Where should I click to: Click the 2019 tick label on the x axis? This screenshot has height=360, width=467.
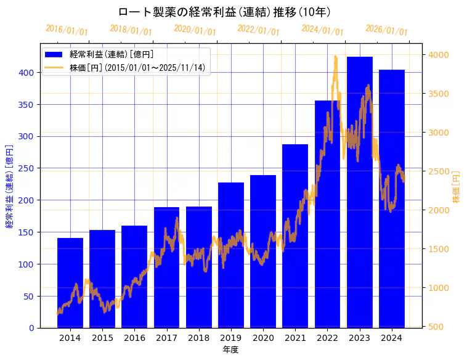pos(231,338)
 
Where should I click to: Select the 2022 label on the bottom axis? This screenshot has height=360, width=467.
pos(327,338)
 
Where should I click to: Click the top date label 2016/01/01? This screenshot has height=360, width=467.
pos(67,30)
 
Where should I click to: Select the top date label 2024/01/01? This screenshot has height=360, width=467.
pos(322,30)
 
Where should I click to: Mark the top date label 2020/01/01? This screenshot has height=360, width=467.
pos(195,30)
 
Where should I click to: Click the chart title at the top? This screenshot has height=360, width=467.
pos(224,12)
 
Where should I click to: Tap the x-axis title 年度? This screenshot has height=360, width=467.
pos(230,350)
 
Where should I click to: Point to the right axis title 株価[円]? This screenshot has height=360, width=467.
pos(457,187)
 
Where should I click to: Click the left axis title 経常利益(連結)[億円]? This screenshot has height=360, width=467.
pos(9,187)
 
